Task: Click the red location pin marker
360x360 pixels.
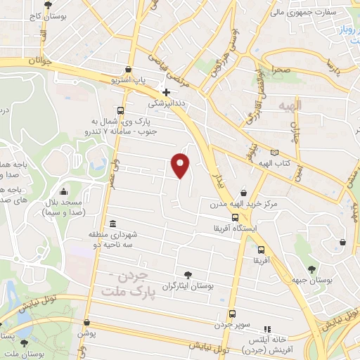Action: [x=181, y=165]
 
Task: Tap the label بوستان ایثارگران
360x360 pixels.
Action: [x=186, y=286]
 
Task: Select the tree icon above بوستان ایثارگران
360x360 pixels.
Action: [x=187, y=275]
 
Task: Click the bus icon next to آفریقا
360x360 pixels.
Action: [x=262, y=250]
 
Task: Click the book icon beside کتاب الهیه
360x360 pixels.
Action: [x=274, y=153]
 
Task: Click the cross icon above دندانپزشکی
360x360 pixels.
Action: [x=166, y=92]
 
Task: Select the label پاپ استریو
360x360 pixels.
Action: [x=129, y=81]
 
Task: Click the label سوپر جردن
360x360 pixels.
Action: [x=233, y=326]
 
